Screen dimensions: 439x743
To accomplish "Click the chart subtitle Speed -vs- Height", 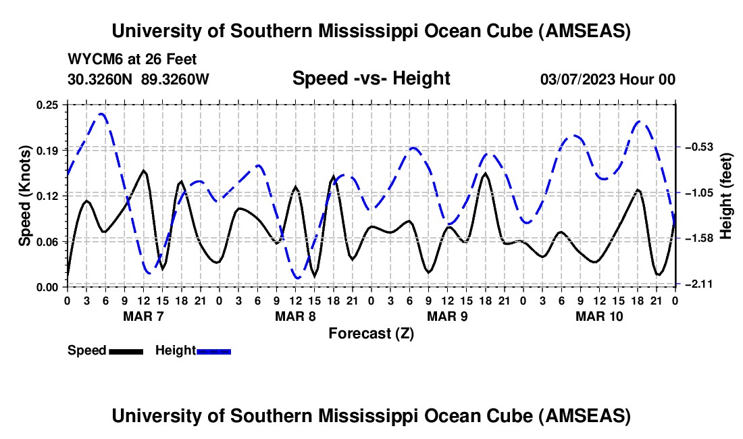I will point(371,79).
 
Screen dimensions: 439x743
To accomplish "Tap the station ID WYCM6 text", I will point(91,60).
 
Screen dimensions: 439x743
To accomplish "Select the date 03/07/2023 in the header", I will point(578,80).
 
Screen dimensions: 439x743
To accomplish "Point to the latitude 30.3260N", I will point(101,80).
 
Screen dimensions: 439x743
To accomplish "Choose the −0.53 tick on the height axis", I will point(698,147).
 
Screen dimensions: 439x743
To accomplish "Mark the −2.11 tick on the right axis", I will point(698,284).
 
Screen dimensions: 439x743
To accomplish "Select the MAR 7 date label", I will point(143,316).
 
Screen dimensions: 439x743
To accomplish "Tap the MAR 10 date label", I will point(598,316).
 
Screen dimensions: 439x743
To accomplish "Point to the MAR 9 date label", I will point(446,316).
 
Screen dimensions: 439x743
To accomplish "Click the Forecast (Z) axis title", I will point(371,333).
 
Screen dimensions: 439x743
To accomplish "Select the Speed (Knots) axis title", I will point(24,195).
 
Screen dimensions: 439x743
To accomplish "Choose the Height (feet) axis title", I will point(726,195).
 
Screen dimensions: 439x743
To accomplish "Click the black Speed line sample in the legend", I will point(126,351).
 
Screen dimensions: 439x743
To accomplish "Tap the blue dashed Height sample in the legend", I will point(213,351).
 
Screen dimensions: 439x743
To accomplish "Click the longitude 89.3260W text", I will point(176,80).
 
